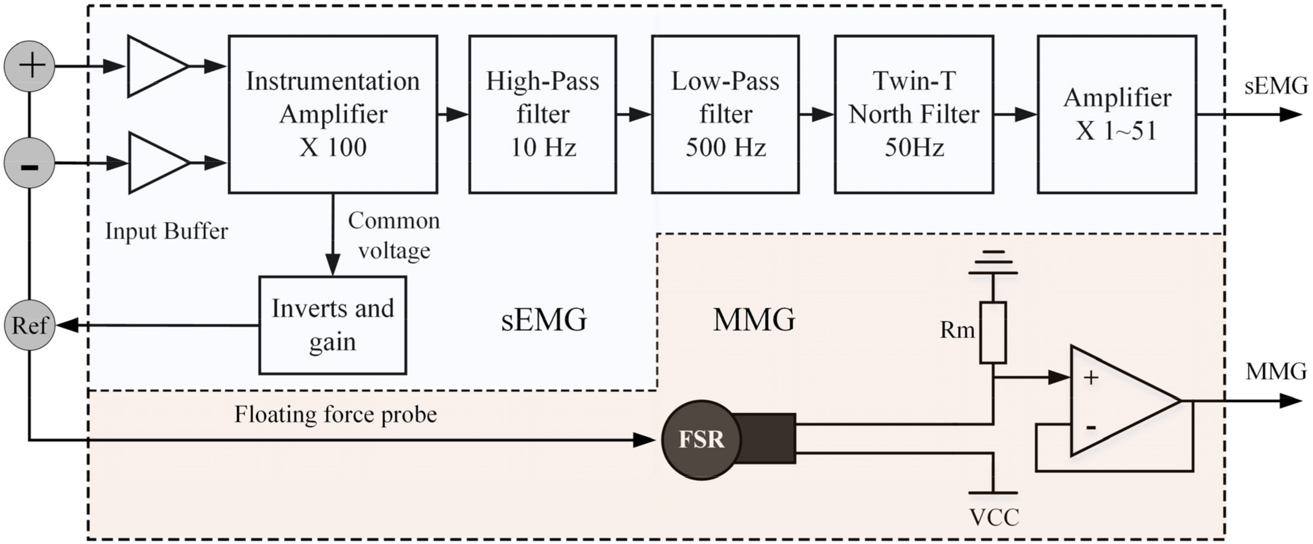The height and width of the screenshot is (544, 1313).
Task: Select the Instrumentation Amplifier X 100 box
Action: click(333, 114)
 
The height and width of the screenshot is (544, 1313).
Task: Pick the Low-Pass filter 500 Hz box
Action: click(725, 114)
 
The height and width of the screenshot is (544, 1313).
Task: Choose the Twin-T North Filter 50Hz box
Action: click(913, 114)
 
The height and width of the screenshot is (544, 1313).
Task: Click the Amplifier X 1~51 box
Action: click(1117, 114)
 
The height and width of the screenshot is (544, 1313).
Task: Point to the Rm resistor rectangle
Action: click(992, 332)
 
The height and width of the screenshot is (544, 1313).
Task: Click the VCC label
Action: click(994, 517)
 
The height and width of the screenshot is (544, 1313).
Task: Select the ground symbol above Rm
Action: click(993, 263)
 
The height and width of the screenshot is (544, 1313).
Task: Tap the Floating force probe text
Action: click(335, 414)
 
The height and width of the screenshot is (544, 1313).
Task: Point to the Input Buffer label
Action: click(166, 231)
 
